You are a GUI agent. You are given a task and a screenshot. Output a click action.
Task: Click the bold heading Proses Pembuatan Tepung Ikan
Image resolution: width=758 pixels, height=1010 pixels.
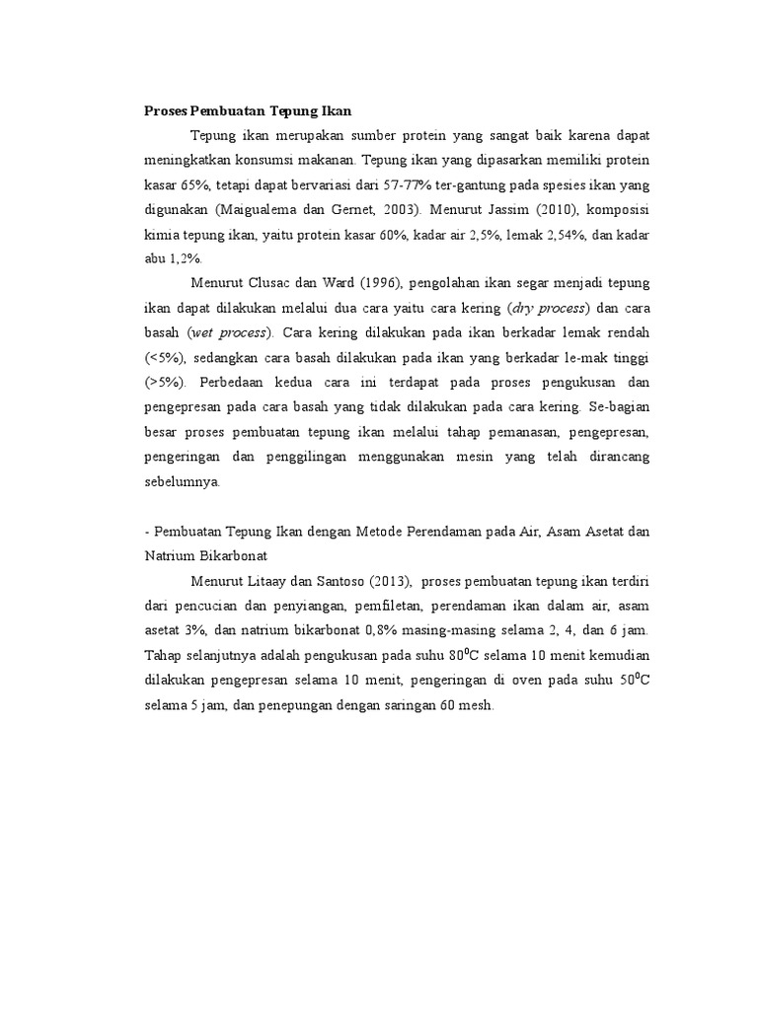click(x=249, y=108)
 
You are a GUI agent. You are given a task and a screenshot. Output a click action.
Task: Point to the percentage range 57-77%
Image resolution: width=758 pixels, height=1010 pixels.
click(x=394, y=185)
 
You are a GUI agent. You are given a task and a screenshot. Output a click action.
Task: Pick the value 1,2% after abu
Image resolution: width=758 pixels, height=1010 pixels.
click(x=184, y=258)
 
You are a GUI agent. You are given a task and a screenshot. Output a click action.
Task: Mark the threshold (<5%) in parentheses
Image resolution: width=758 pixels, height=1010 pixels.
click(x=166, y=357)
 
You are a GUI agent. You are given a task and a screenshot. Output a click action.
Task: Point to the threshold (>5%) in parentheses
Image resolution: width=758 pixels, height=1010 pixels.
click(x=166, y=382)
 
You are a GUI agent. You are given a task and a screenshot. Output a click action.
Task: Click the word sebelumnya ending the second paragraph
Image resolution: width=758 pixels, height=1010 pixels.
click(x=184, y=483)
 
